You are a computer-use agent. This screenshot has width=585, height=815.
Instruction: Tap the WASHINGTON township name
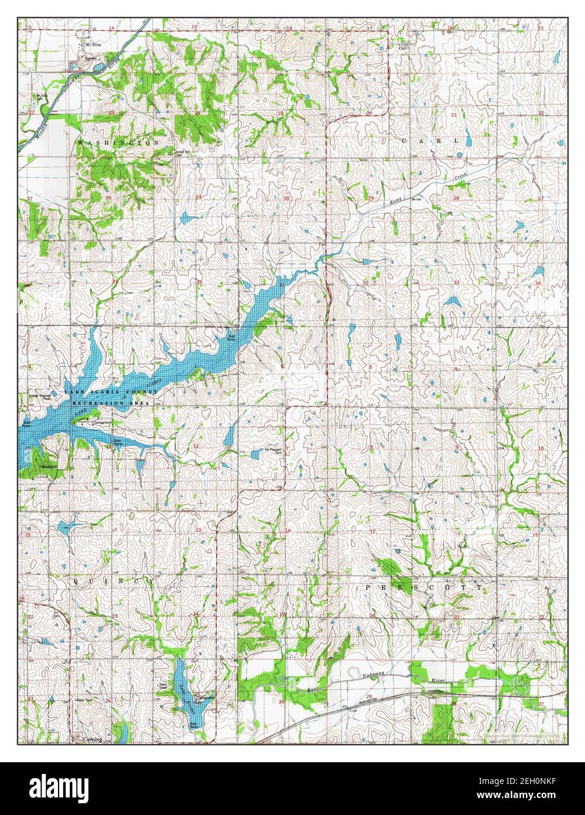[118, 142]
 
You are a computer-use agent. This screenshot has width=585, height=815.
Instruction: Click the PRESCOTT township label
[423, 586]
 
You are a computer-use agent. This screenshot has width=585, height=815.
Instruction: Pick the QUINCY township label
[114, 580]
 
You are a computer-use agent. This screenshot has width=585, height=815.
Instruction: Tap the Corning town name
[93, 739]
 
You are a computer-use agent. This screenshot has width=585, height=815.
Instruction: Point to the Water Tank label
[86, 700]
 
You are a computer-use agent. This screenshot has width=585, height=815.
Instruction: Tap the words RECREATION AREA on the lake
[111, 404]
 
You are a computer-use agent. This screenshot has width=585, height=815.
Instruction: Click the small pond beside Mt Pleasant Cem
[255, 454]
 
